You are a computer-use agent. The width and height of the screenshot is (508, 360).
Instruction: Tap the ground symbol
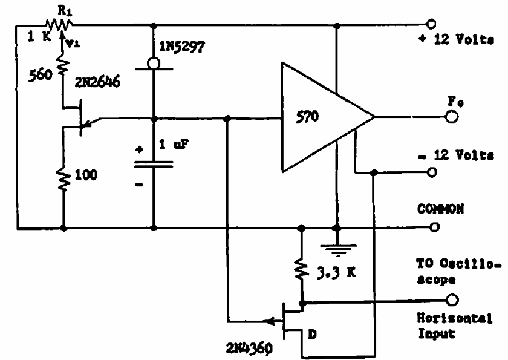(x=337, y=246)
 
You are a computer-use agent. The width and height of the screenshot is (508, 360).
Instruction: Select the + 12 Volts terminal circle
(x=431, y=24)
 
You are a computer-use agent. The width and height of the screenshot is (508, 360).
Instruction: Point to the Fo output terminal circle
(x=451, y=117)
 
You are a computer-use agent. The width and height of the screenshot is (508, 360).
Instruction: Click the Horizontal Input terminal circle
(x=451, y=300)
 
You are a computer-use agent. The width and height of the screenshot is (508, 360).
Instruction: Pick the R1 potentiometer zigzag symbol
(x=61, y=24)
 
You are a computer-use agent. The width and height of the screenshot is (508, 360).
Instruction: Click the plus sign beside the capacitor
(x=140, y=149)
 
